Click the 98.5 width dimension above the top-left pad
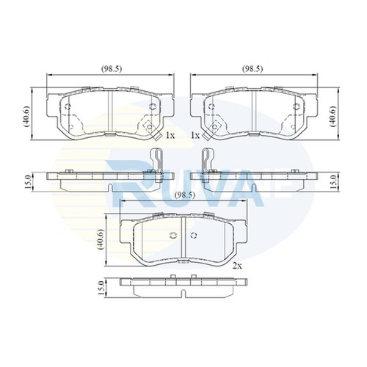pyautogui.click(x=112, y=69)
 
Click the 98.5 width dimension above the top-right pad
pyautogui.click(x=252, y=69)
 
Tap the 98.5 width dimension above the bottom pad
pyautogui.click(x=185, y=195)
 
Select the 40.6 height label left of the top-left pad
pyautogui.click(x=26, y=117)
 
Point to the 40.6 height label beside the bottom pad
pyautogui.click(x=101, y=239)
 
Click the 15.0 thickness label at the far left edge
pyautogui.click(x=28, y=182)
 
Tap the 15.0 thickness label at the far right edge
pyautogui.click(x=334, y=182)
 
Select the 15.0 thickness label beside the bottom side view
pyautogui.click(x=101, y=288)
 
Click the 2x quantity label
pyautogui.click(x=237, y=266)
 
